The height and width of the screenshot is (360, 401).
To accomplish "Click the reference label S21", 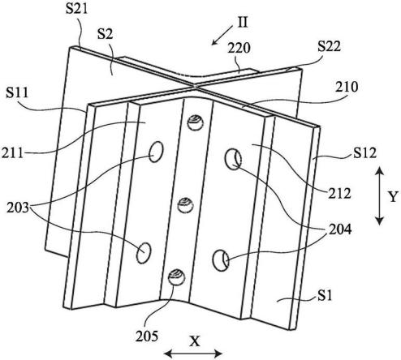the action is (x=77, y=9).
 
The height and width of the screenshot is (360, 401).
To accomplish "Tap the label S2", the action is (x=106, y=34).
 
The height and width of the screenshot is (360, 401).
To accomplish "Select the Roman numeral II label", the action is (x=243, y=23).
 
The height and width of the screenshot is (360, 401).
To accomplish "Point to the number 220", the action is (x=239, y=48).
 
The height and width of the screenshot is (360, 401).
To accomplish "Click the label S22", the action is (x=329, y=46).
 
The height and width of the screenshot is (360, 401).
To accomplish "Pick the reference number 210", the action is (x=347, y=88).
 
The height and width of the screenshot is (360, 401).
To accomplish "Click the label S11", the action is (x=17, y=92).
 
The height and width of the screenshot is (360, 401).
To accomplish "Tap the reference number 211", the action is (x=12, y=153).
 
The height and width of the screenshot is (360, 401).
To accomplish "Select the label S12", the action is (x=364, y=153).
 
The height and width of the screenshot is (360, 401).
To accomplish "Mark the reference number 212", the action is (x=339, y=193).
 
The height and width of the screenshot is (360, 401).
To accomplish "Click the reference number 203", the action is (x=18, y=208).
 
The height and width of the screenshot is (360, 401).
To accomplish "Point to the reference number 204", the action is (x=340, y=229).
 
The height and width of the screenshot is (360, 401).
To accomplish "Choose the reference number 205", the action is (x=147, y=336).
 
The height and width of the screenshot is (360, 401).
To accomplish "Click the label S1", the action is (x=325, y=295).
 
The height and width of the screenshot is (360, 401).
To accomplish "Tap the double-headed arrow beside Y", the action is (x=379, y=196).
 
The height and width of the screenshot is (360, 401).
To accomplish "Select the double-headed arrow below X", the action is (x=193, y=354).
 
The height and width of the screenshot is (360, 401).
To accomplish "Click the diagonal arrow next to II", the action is (x=222, y=35).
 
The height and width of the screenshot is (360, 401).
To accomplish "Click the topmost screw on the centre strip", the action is (x=196, y=122).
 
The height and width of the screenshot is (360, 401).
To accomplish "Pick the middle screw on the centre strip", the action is (x=185, y=205).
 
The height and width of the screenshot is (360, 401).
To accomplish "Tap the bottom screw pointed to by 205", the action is (x=176, y=277).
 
